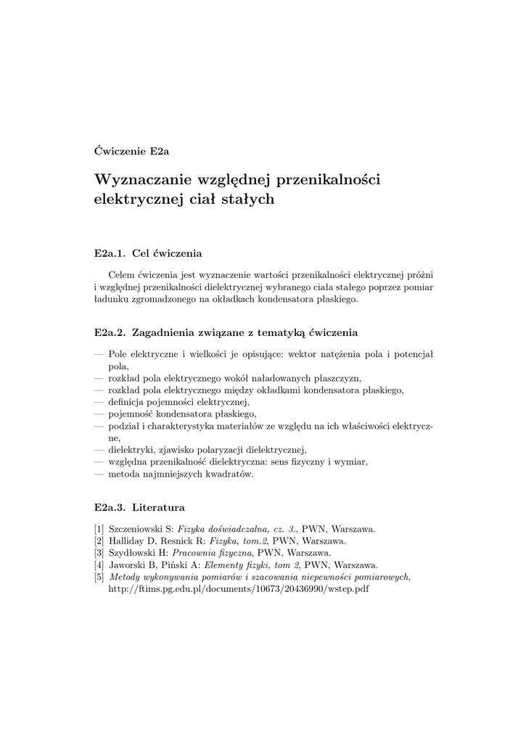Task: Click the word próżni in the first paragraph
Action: (419, 276)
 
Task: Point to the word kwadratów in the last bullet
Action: (227, 473)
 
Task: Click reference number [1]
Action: (99, 529)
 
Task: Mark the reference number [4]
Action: (99, 565)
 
